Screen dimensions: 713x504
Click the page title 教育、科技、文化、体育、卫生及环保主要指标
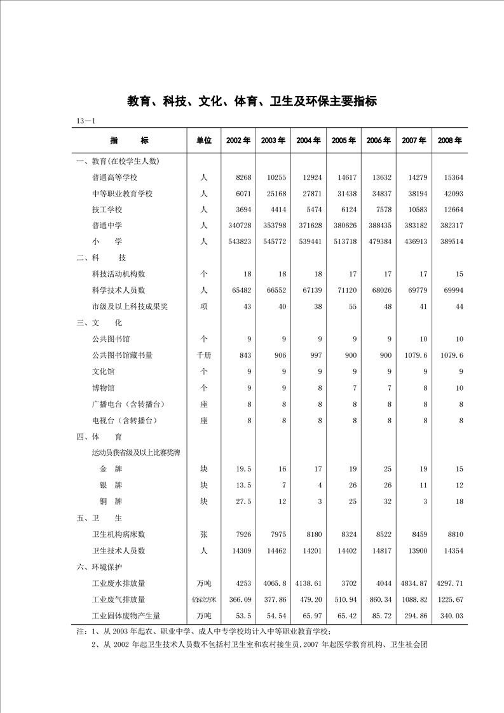tap(252, 101)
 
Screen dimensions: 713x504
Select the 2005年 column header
tap(343, 140)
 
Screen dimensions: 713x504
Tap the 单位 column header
tap(203, 140)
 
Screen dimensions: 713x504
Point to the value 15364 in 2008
tap(451, 177)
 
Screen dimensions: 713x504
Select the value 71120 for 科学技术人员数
tap(344, 290)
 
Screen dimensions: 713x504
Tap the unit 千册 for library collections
tap(203, 355)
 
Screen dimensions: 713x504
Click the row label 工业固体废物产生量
tap(126, 616)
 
